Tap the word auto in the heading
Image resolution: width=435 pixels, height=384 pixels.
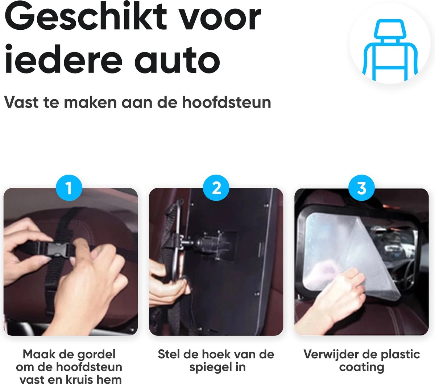178,59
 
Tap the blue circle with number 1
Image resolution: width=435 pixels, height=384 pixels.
69,188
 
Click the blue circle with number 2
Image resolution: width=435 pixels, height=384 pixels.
216,188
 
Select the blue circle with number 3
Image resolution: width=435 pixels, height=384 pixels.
361,188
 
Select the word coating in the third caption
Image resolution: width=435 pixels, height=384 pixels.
361,367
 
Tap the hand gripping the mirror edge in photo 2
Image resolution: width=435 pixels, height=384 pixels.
167,283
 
